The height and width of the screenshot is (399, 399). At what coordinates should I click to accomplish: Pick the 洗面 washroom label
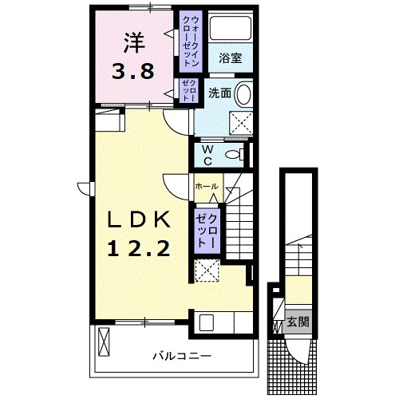pos(220,93)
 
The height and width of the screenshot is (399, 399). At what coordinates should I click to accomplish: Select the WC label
pos(206,154)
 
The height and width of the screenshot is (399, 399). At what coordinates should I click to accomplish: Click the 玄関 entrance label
pos(298,322)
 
